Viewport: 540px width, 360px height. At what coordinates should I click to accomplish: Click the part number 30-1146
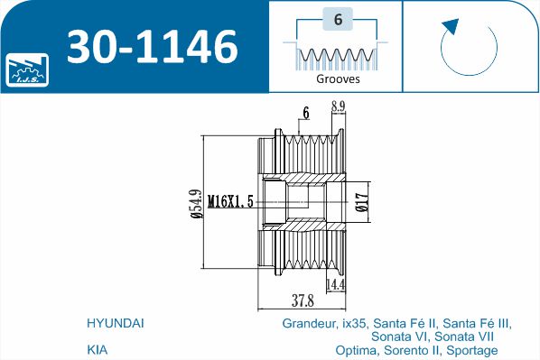tap(153, 46)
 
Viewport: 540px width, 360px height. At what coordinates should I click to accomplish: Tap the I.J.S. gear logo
tap(26, 69)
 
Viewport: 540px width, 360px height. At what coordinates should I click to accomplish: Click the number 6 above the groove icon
tap(338, 19)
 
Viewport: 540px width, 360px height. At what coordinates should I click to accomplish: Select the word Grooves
tap(338, 78)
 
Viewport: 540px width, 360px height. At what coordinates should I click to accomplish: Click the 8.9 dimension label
tap(338, 106)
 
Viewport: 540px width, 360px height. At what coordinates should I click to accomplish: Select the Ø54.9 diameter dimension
tap(197, 204)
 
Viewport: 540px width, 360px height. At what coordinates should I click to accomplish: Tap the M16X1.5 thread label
tap(230, 201)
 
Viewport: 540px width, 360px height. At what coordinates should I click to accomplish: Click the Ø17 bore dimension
tap(362, 202)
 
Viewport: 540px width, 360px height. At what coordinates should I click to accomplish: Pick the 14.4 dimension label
tap(335, 284)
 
